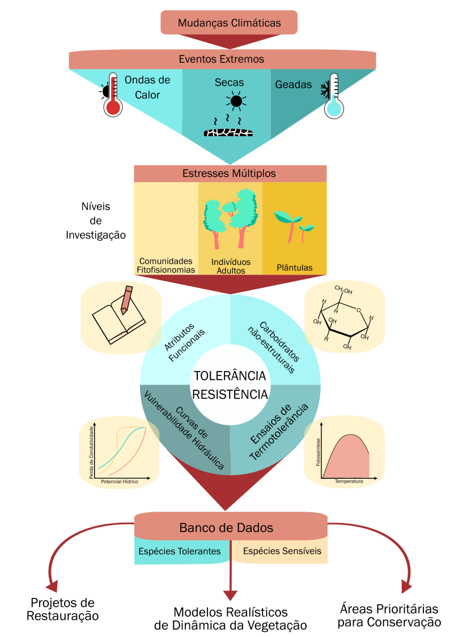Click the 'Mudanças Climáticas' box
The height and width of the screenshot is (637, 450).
point(229,23)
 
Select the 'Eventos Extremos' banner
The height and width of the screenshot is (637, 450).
point(222,59)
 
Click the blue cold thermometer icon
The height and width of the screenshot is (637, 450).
point(334,96)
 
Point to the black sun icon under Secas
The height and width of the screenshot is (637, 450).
point(236,102)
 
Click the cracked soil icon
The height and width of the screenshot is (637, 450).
point(228,132)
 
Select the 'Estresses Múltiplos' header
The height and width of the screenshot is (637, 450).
point(230,173)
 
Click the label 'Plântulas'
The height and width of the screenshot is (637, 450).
point(294,267)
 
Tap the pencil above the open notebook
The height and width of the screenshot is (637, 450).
point(126,300)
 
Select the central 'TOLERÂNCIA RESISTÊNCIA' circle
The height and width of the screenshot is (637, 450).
point(230,385)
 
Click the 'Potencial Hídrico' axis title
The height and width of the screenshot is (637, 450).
point(119,482)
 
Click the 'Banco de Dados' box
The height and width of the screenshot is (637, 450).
point(227,528)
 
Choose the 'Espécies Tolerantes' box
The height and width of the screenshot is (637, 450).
point(180,551)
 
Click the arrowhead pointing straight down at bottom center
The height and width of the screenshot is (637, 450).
point(230,595)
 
